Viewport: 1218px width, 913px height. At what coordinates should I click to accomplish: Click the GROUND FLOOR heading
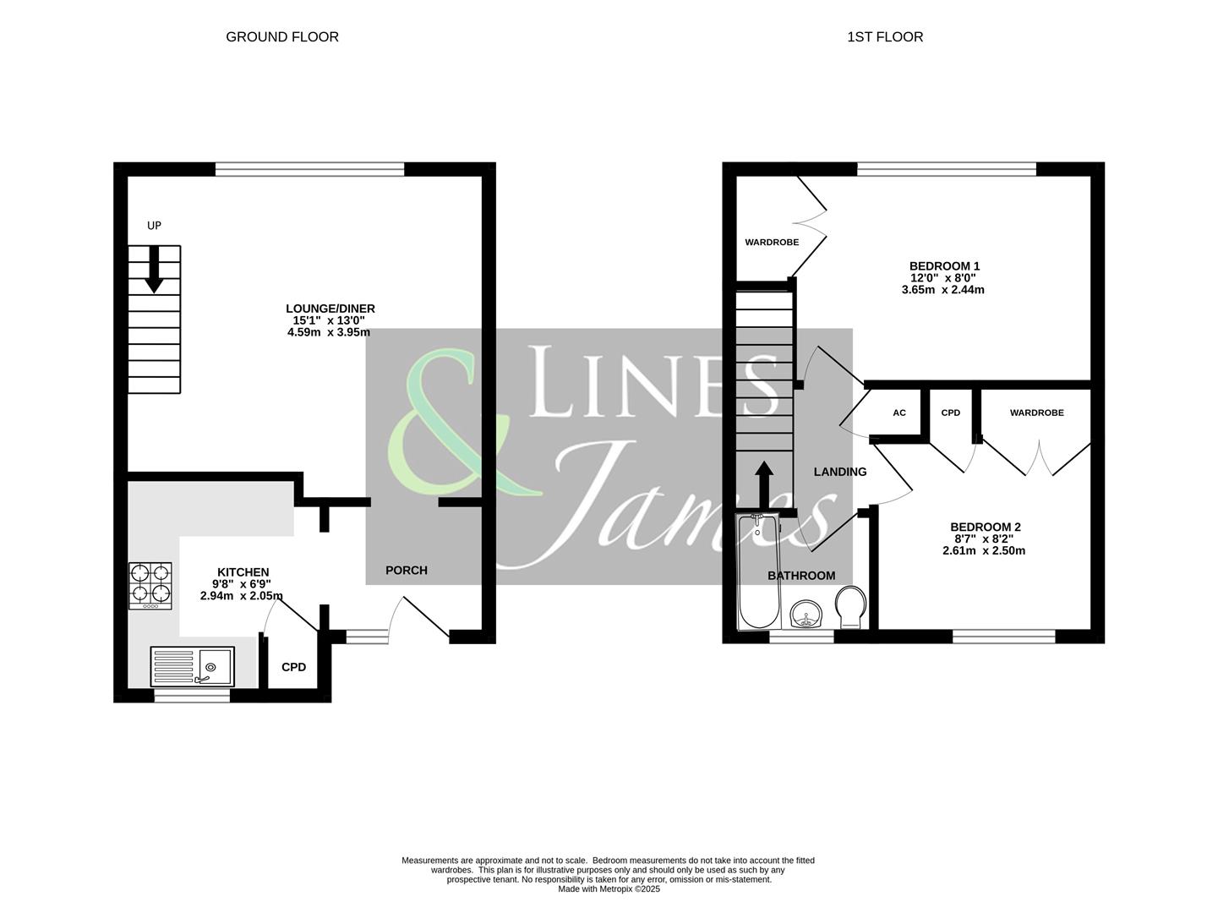[281, 37]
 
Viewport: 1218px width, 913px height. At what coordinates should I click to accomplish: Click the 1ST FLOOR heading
[885, 37]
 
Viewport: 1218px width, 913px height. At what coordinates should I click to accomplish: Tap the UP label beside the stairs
[154, 226]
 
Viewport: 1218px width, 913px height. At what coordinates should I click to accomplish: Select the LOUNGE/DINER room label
[330, 309]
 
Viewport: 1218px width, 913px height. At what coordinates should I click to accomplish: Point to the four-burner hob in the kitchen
[150, 585]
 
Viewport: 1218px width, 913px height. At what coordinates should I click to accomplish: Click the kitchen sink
[194, 666]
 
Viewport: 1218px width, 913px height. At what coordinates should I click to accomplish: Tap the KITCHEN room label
[243, 572]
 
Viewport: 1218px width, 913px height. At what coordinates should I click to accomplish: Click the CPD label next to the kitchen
[293, 667]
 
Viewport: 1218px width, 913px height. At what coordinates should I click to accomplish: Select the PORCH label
[406, 571]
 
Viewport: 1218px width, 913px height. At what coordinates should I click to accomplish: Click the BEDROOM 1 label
[944, 266]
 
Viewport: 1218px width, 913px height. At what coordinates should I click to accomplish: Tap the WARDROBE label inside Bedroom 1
[771, 243]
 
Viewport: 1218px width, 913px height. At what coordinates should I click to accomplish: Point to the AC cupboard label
[899, 413]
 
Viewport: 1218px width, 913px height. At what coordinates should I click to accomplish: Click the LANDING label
[839, 472]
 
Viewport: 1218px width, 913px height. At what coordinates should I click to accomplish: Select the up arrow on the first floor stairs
[763, 484]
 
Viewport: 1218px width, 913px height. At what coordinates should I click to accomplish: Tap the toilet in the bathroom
[849, 608]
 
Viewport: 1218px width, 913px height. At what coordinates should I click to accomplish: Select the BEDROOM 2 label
[985, 527]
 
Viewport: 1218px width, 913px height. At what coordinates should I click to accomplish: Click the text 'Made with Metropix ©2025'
[609, 889]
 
